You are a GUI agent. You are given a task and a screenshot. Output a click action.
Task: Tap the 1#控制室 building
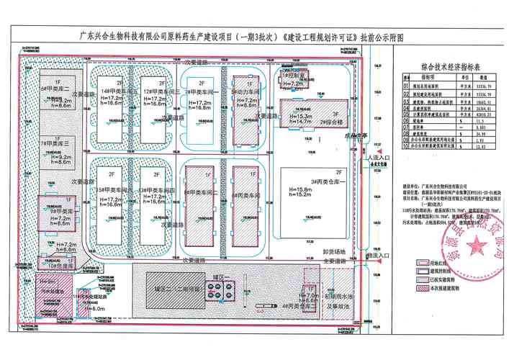pos(296,76)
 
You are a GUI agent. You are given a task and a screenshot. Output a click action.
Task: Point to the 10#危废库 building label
pos(60,265)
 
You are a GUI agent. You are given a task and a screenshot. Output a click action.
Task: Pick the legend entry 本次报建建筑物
pos(433,288)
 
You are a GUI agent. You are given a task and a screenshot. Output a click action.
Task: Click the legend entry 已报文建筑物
pos(431,280)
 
